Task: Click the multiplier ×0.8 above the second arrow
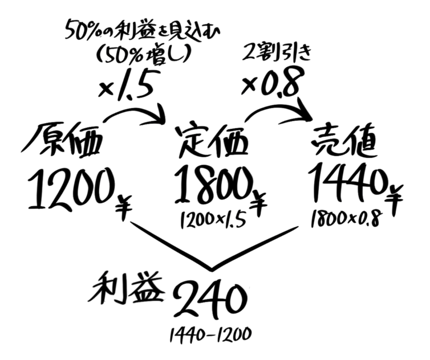coord(270,82)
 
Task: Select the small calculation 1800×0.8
coord(346,218)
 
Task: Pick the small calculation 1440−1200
coord(210,334)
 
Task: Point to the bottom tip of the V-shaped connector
coord(212,270)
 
